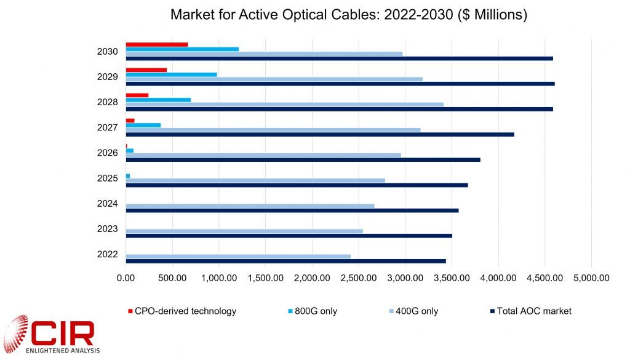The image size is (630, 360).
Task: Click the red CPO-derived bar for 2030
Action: click(x=157, y=44)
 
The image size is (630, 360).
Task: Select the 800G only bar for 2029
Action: click(x=171, y=74)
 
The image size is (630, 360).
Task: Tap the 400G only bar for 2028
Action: click(x=284, y=104)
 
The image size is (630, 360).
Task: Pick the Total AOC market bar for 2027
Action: click(x=320, y=134)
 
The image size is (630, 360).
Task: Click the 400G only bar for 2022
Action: click(x=238, y=256)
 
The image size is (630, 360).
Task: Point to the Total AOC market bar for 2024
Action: click(x=292, y=210)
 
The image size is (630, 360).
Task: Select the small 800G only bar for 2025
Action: click(x=128, y=176)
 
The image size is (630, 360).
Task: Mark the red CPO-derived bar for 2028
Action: click(x=137, y=95)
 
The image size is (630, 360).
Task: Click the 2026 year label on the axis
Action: click(x=107, y=153)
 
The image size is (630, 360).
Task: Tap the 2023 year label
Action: click(x=107, y=228)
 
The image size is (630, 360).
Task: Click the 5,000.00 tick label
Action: click(x=591, y=278)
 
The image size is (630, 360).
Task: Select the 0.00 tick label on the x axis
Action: click(x=126, y=278)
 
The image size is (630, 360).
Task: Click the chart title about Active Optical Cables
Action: click(x=348, y=14)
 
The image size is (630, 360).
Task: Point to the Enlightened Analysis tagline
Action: click(x=60, y=351)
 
